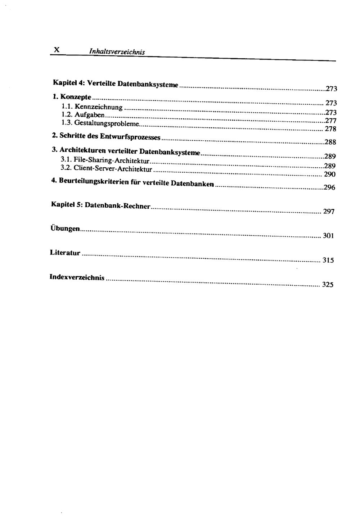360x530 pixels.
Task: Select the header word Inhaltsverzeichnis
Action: pos(117,52)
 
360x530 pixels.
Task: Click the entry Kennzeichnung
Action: pos(98,107)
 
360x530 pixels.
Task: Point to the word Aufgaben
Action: pos(89,115)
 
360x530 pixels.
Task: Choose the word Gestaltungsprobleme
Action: pos(106,124)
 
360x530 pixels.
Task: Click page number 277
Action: pos(330,121)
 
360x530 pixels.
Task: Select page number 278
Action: pos(330,129)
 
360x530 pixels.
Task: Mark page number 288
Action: pos(330,142)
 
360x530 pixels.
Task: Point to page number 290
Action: pos(330,175)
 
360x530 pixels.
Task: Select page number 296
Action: pos(329,187)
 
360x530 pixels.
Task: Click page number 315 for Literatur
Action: pos(328,261)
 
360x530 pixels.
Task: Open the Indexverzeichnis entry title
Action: pos(77,277)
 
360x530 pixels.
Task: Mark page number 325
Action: pos(328,285)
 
